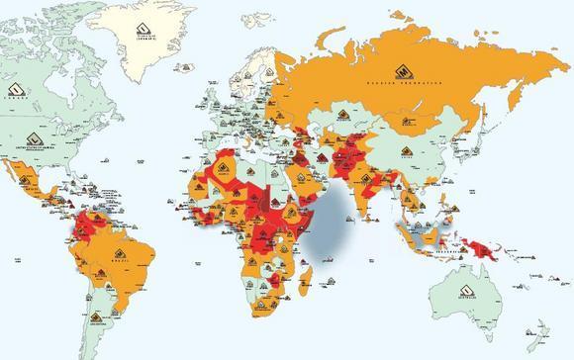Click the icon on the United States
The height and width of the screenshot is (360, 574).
point(36,138)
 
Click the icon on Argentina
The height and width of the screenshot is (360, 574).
point(96,316)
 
